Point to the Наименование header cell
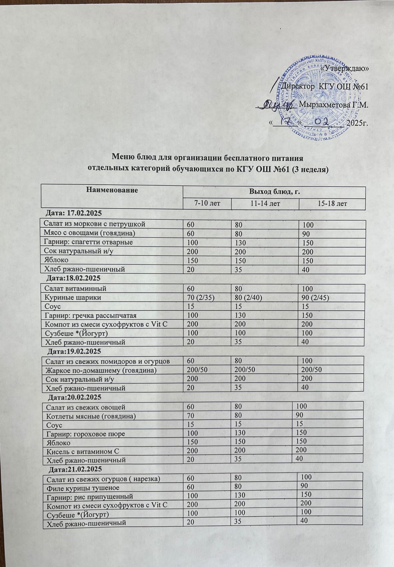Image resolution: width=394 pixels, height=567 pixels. tap(112, 190)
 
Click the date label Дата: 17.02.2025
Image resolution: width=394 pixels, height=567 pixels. tap(74, 213)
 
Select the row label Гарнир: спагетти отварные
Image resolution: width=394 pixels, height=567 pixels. tap(88, 242)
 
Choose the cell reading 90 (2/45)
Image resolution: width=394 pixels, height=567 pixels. tap(316, 297)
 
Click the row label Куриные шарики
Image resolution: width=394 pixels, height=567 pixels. tap(72, 297)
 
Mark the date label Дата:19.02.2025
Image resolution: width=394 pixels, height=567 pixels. tap(74, 351)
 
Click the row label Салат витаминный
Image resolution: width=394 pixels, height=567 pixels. tap(75, 288)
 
